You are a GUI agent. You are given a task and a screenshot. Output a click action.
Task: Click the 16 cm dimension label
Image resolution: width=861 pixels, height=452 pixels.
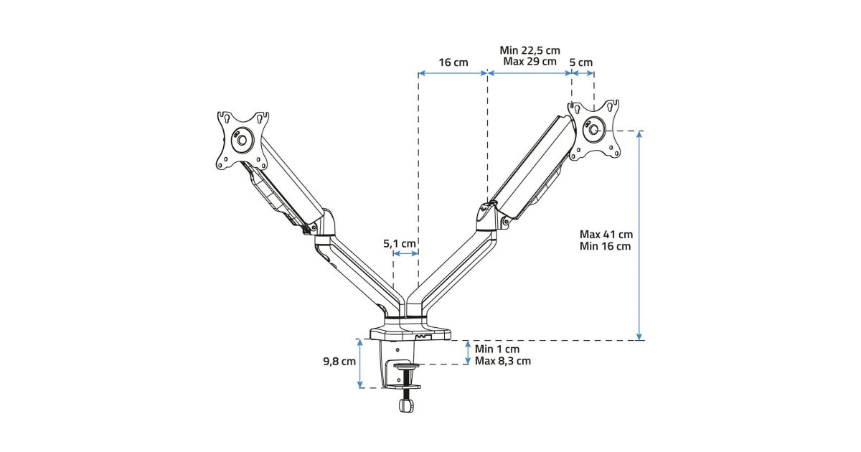pyautogui.click(x=453, y=62)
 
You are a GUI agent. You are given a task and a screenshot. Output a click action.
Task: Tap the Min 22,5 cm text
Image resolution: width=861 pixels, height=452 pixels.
pyautogui.click(x=530, y=50)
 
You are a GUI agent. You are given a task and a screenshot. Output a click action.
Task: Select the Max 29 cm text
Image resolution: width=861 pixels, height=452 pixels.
pyautogui.click(x=530, y=62)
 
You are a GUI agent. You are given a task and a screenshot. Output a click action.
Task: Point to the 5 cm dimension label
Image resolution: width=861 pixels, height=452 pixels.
pyautogui.click(x=581, y=62)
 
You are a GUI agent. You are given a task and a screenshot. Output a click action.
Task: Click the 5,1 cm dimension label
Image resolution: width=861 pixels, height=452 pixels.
pyautogui.click(x=400, y=243)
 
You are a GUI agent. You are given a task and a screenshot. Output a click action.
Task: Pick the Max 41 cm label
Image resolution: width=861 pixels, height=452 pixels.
pyautogui.click(x=606, y=234)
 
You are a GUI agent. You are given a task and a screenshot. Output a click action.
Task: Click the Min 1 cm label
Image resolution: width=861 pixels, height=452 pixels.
pyautogui.click(x=496, y=349)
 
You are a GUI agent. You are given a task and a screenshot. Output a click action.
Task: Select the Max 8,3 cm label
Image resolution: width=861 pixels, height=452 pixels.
pyautogui.click(x=503, y=361)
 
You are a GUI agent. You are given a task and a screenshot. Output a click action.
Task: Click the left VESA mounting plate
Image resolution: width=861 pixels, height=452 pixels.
pyautogui.click(x=243, y=139)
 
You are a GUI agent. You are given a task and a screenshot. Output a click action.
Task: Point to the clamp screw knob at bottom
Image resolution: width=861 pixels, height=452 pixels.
pyautogui.click(x=405, y=405)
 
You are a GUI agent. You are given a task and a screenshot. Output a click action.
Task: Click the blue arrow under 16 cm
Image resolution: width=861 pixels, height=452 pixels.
pyautogui.click(x=453, y=72)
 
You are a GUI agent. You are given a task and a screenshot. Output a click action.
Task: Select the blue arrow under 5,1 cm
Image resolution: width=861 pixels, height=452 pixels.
pyautogui.click(x=406, y=253)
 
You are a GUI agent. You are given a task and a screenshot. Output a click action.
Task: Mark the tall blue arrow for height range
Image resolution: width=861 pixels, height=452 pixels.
pyautogui.click(x=639, y=235)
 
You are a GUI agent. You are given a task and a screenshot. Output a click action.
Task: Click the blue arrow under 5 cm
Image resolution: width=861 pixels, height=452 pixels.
pyautogui.click(x=582, y=72)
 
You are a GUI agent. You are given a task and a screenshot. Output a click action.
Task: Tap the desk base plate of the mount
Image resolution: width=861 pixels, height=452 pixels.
pyautogui.click(x=410, y=334)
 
